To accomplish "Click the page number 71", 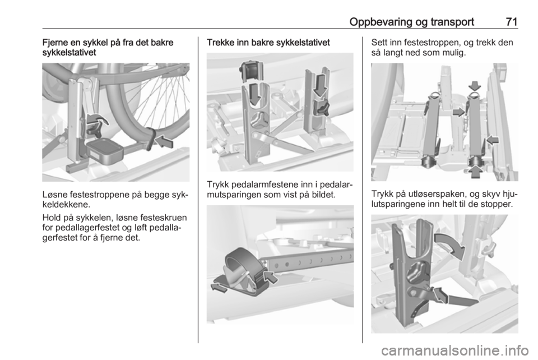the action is [511, 22].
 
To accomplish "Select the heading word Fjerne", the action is [54, 43].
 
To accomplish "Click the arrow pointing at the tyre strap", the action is [164, 141].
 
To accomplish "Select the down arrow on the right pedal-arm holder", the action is [321, 84].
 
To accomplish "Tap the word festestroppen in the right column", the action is [426, 43].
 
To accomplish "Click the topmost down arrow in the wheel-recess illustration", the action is [475, 85].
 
